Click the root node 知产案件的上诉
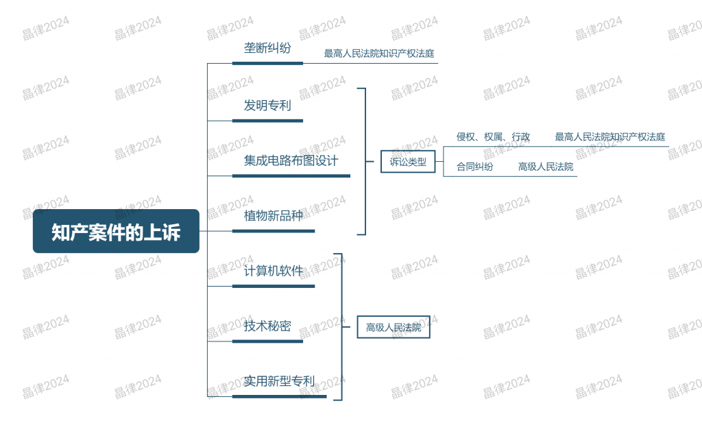pos(116,231)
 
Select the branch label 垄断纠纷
pos(267,48)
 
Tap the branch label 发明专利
pos(267,106)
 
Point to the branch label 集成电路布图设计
pos(291,160)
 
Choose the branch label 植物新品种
pos(273,215)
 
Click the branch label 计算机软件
pos(273,271)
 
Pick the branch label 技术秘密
pos(267,326)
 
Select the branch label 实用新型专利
pos(279,381)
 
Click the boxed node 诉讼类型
pos(408,162)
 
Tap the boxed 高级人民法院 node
pos(394,328)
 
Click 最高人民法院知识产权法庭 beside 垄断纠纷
pos(379,53)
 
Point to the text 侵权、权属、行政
pos(494,136)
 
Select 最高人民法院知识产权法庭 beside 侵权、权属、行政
pos(610,136)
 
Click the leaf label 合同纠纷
pos(474,167)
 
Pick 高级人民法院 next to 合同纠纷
pos(546,167)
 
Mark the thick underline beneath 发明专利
pos(268,121)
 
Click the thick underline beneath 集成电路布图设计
pos(291,176)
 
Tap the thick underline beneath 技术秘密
pos(268,341)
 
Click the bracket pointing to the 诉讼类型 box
pos(365,161)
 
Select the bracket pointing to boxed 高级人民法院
pos(342,327)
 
